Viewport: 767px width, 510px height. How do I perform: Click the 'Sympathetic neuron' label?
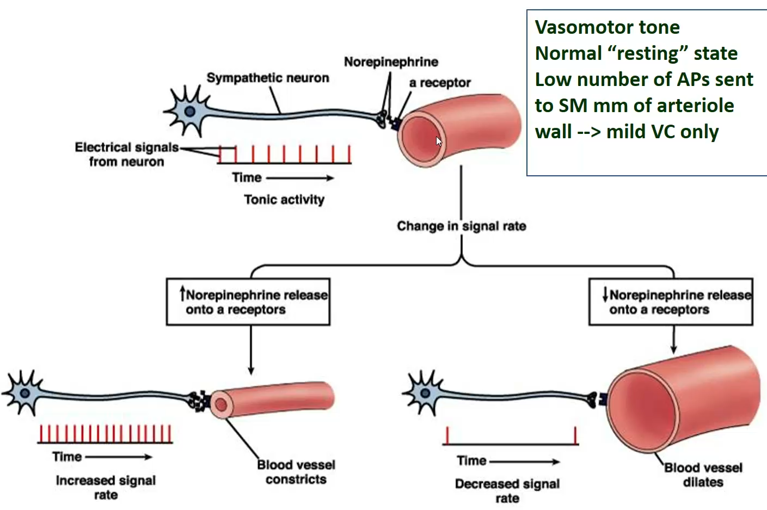pyautogui.click(x=268, y=78)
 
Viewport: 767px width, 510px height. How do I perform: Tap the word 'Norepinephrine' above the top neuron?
pyautogui.click(x=391, y=62)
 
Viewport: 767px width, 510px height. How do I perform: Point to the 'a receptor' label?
pyautogui.click(x=440, y=83)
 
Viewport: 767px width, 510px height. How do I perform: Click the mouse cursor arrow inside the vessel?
pyautogui.click(x=439, y=141)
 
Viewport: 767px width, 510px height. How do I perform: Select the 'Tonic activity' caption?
pyautogui.click(x=284, y=200)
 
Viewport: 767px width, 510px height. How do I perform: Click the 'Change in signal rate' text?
pyautogui.click(x=461, y=226)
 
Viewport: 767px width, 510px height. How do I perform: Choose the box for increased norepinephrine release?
pyautogui.click(x=248, y=302)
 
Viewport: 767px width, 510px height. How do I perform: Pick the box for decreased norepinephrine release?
pyautogui.click(x=671, y=302)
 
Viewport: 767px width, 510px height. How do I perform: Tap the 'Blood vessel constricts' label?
pyautogui.click(x=296, y=472)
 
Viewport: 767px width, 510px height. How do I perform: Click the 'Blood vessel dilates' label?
pyautogui.click(x=703, y=475)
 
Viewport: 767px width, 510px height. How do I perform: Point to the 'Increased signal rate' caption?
pyautogui.click(x=106, y=487)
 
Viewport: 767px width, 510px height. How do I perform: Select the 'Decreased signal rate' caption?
pyautogui.click(x=507, y=490)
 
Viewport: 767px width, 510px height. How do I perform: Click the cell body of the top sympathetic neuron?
pyautogui.click(x=189, y=112)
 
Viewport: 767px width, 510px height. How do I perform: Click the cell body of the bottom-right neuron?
pyautogui.click(x=425, y=393)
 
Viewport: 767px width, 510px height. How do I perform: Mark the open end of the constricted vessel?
pyautogui.click(x=221, y=404)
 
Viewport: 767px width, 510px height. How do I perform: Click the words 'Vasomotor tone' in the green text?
pyautogui.click(x=607, y=27)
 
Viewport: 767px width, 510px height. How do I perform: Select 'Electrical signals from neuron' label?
pyautogui.click(x=126, y=155)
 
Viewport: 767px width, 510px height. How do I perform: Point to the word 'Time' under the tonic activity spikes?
pyautogui.click(x=247, y=177)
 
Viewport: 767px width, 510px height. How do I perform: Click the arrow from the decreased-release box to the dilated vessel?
pyautogui.click(x=673, y=340)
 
